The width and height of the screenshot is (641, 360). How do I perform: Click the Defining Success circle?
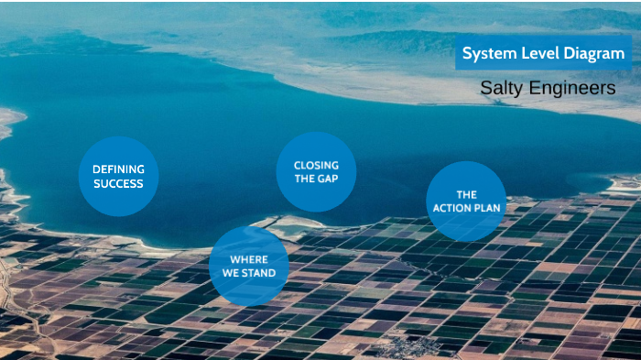[118, 176]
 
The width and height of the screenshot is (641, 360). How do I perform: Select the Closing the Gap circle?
[316, 171]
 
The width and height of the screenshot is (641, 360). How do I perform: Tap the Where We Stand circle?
[249, 266]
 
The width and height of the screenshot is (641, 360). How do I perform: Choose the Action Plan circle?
[466, 201]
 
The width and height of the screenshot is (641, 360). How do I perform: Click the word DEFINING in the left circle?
[118, 169]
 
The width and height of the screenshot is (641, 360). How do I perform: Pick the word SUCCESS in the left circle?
[118, 183]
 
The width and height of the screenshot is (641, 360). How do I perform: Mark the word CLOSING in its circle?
[316, 166]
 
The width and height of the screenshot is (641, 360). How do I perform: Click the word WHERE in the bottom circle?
[249, 259]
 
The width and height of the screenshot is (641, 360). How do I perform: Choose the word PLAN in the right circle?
[488, 208]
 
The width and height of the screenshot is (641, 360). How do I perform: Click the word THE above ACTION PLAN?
[467, 194]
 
